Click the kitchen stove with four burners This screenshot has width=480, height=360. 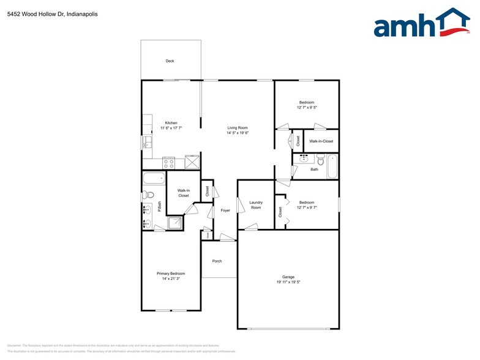pos(168,163)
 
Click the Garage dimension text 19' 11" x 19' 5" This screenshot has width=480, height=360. pos(288,282)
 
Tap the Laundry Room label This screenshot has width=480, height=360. pos(255,205)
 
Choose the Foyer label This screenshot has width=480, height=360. pos(225,211)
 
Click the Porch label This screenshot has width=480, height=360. pos(217,261)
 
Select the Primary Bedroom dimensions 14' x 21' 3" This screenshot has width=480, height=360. pos(170,279)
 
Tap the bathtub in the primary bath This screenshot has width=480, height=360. pos(153,179)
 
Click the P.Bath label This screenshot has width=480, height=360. pos(159,207)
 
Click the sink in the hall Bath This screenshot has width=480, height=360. pos(302,157)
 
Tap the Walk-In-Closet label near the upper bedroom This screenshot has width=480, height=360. pos(321,141)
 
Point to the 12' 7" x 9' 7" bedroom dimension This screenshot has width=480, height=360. pos(307,208)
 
